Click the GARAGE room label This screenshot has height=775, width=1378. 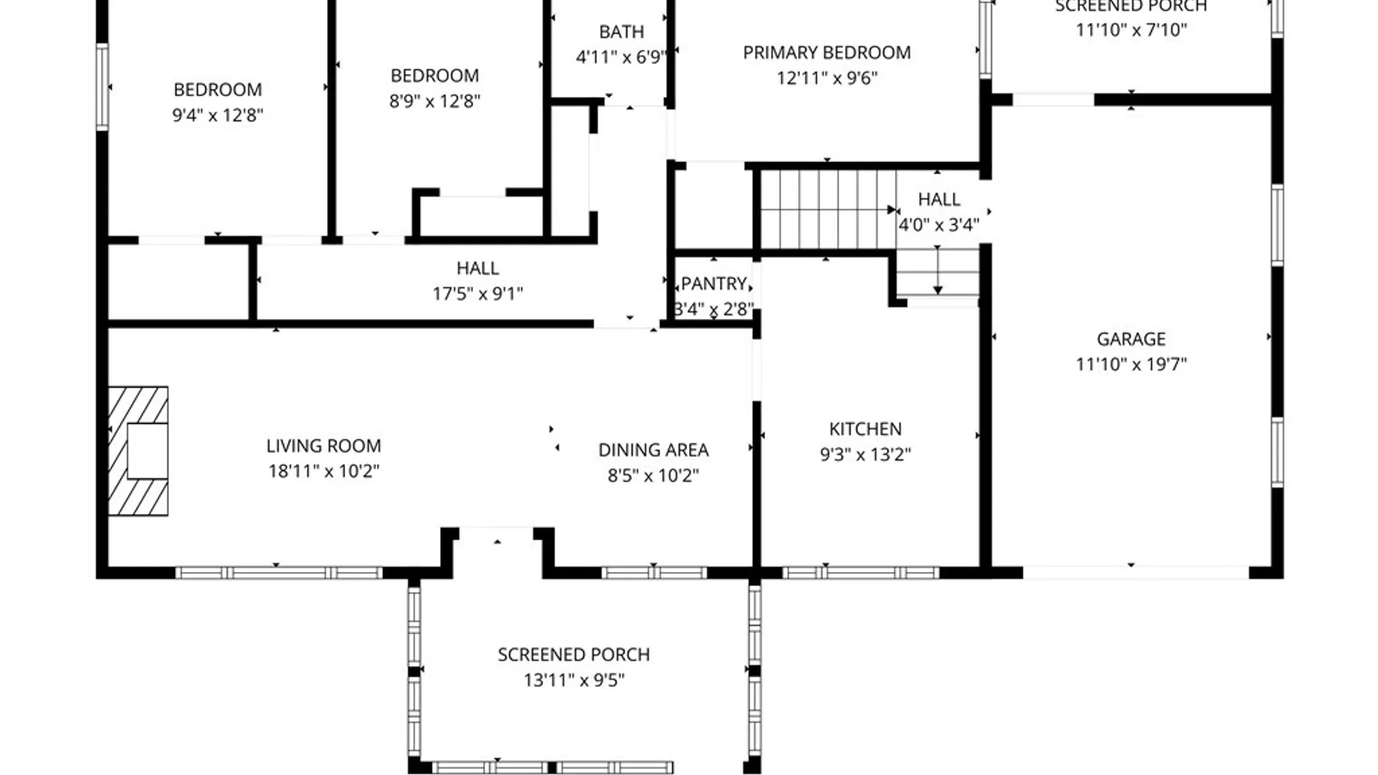tap(1131, 339)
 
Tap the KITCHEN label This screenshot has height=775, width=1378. tap(866, 429)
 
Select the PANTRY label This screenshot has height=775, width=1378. tap(714, 284)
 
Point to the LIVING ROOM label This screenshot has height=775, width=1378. tap(324, 446)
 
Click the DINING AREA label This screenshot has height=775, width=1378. tap(653, 450)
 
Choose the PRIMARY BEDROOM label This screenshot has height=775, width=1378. tap(827, 52)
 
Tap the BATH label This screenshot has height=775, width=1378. tap(622, 32)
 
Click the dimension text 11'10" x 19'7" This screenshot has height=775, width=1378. tap(1131, 364)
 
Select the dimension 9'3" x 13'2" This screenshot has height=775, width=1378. tap(866, 454)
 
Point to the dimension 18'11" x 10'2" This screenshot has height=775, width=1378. tap(324, 471)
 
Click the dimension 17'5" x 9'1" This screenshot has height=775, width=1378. tap(478, 293)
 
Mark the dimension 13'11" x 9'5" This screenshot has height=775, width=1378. tap(574, 680)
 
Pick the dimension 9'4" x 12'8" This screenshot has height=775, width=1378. tap(217, 115)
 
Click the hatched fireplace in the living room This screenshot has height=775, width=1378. tap(139, 451)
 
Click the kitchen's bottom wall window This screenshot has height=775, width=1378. tap(861, 573)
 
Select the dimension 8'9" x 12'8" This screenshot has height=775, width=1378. tap(435, 101)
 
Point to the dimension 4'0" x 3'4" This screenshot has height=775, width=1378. tap(939, 225)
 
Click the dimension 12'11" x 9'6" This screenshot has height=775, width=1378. tap(827, 78)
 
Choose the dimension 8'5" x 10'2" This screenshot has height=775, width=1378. tap(653, 476)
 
